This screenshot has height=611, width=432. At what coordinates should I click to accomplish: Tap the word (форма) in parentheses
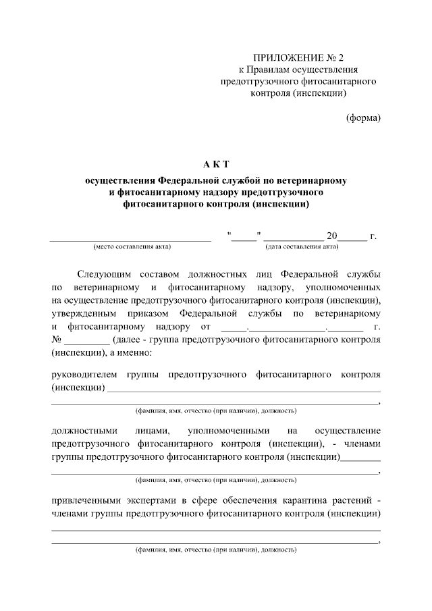363,117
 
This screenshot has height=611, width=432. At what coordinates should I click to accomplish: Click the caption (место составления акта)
132,246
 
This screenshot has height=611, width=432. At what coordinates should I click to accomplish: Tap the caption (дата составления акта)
302,246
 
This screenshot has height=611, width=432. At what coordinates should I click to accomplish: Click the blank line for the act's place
131,238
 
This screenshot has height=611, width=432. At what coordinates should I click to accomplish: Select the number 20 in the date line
331,236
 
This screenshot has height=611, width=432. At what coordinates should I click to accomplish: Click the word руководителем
84,374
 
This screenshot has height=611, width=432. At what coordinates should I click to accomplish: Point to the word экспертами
156,500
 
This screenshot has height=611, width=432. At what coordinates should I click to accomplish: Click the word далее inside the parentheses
128,340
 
